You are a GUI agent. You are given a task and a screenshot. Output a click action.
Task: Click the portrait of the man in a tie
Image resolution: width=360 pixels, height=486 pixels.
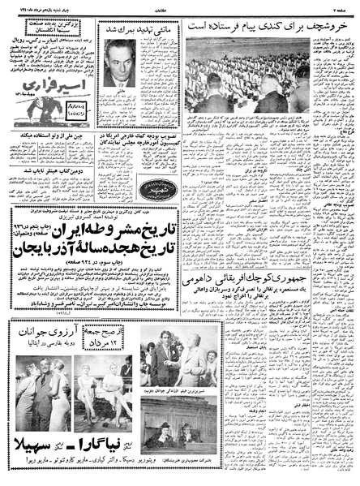(x=124, y=64)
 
